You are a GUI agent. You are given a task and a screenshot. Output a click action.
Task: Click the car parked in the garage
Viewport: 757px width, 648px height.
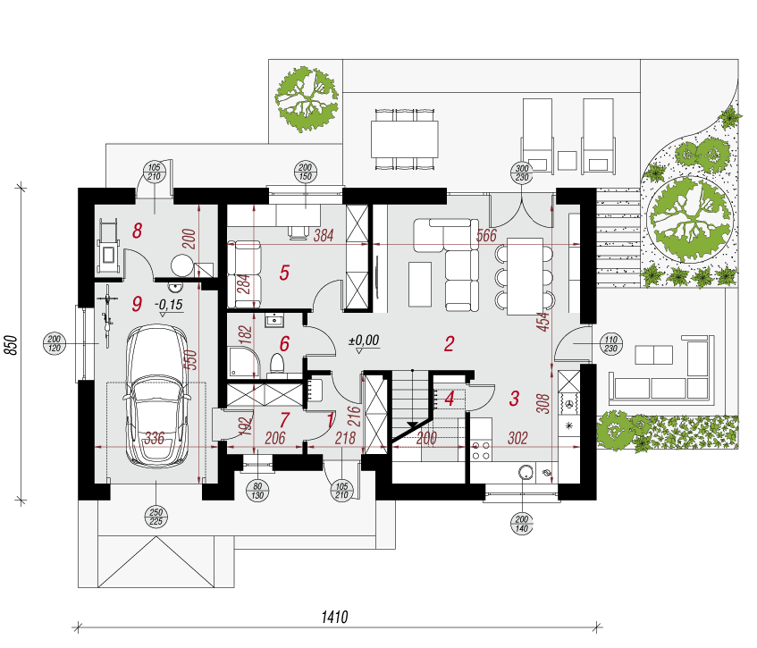[x=156, y=396]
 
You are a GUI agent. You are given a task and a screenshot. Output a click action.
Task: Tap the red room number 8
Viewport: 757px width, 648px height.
[x=138, y=231]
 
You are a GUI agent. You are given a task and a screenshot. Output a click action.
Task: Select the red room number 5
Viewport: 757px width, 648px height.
[x=284, y=273]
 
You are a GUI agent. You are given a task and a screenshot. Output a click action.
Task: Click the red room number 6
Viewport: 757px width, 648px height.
[x=284, y=344]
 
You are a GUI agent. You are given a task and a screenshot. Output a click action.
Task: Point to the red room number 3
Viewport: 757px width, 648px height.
[x=514, y=399]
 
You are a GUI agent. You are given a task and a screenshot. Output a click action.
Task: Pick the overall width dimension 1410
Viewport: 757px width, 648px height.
[x=334, y=617]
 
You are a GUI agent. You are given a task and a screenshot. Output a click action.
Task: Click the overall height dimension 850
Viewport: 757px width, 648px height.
[x=12, y=345]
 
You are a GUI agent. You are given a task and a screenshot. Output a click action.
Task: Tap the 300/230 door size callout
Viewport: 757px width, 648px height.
[x=522, y=173]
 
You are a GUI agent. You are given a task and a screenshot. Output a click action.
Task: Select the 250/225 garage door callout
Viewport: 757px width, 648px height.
[x=156, y=517]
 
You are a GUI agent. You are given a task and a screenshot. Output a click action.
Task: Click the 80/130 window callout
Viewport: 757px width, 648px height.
[x=257, y=491]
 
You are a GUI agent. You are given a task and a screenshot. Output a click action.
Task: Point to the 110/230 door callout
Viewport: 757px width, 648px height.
[x=610, y=344]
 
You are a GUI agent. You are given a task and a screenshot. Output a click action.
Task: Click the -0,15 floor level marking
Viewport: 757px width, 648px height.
[x=169, y=305]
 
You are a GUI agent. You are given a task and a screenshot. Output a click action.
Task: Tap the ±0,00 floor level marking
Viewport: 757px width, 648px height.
[x=364, y=340]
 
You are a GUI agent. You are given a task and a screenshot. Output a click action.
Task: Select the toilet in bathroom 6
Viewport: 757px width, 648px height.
[x=277, y=364]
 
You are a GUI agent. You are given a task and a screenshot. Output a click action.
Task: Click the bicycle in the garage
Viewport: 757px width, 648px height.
[x=107, y=316]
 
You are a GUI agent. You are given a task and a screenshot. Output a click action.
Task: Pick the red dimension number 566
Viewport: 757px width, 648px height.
[x=486, y=235]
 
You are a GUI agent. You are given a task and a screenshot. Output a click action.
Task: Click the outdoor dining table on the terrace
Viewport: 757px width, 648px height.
[x=405, y=139]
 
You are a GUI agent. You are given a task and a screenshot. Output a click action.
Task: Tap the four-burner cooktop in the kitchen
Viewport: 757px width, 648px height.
[x=481, y=450]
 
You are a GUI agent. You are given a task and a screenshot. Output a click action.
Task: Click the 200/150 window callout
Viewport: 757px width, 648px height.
[x=305, y=172]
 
